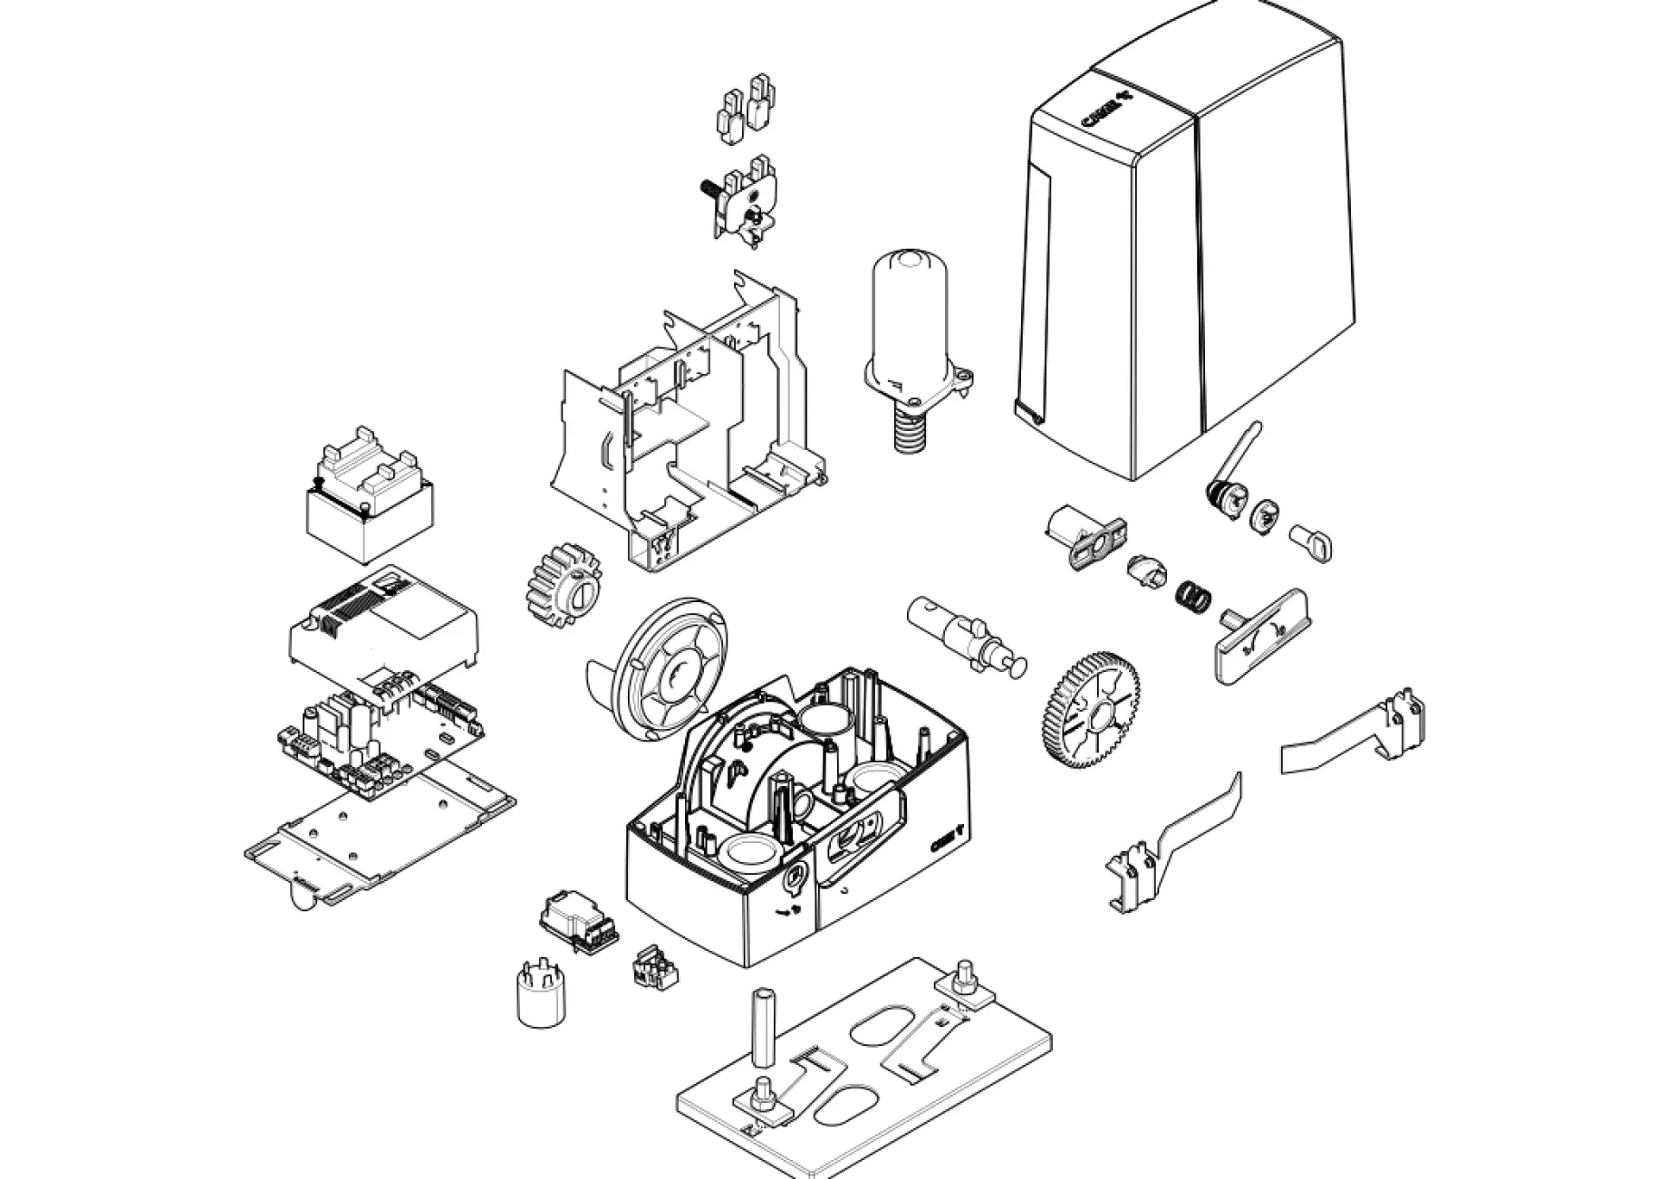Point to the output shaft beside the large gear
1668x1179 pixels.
pyautogui.click(x=965, y=633)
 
